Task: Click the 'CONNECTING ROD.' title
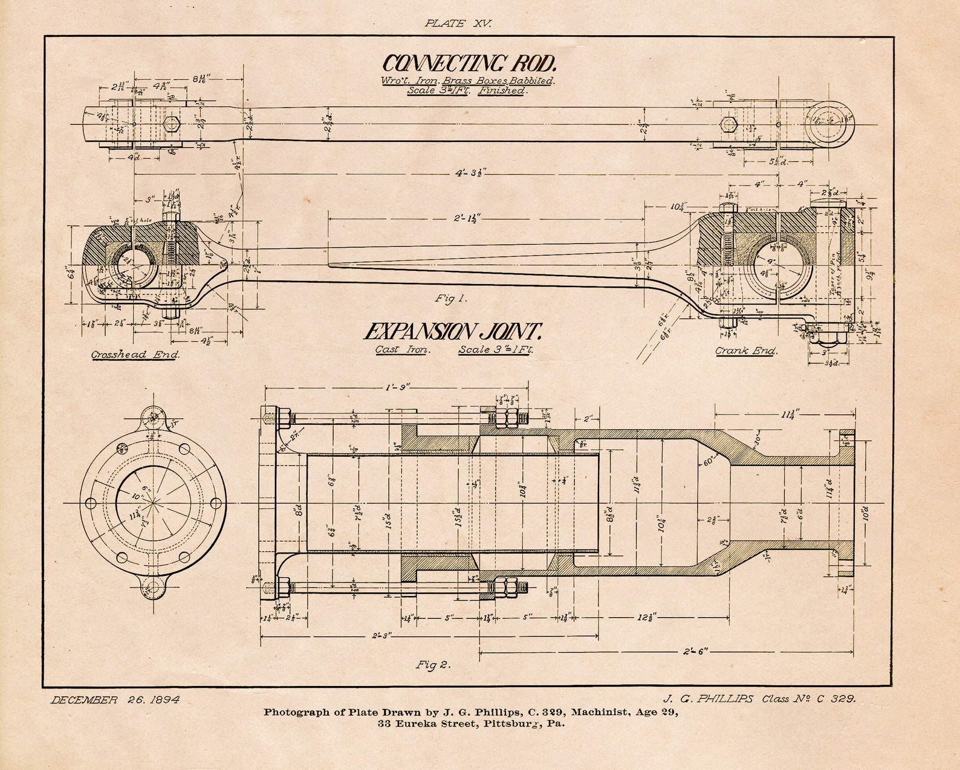(x=469, y=64)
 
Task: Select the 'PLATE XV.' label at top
(x=458, y=24)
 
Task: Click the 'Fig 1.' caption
(x=451, y=298)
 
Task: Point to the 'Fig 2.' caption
(x=433, y=665)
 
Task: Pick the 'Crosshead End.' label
(x=135, y=355)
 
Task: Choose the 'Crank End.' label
(x=747, y=351)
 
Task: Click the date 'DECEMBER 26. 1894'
(x=115, y=700)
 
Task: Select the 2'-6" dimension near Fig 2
(x=695, y=652)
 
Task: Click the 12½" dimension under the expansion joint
(x=645, y=618)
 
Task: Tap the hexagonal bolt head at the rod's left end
(x=172, y=125)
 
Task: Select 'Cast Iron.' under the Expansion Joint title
(x=403, y=350)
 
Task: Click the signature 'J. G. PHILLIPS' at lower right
(x=708, y=699)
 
